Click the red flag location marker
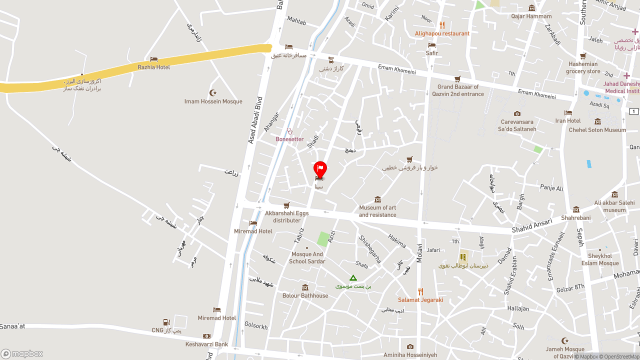[x=320, y=168]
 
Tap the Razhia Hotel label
[x=154, y=67]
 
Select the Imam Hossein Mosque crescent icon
[x=213, y=93]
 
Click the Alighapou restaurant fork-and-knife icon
[x=442, y=25]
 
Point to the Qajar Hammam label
[x=531, y=16]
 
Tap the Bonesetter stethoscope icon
[x=289, y=131]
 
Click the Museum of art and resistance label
[x=377, y=211]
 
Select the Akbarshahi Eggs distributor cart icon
[x=286, y=205]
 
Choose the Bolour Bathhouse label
[x=305, y=295]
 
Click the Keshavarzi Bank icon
[x=206, y=336]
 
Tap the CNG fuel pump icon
[x=166, y=322]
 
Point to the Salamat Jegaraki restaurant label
[x=420, y=300]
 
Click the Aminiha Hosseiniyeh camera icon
[x=410, y=346]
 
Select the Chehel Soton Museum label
[x=597, y=130]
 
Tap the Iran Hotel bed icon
[x=568, y=113]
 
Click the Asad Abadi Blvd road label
[x=255, y=120]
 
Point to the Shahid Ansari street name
[x=532, y=225]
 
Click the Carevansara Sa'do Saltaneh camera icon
[x=517, y=114]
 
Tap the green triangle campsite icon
[x=353, y=278]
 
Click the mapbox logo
[x=22, y=353]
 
